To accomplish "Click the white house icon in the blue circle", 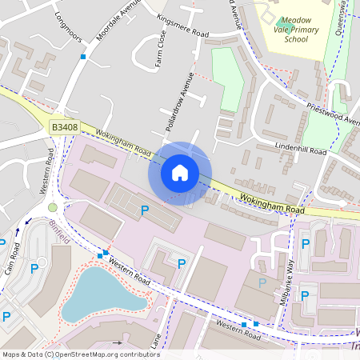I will click(x=180, y=172).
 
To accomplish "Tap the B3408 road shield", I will click(x=65, y=126).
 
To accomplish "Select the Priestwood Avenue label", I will click(x=330, y=117).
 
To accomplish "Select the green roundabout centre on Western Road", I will click(x=53, y=207).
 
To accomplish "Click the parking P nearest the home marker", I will click(x=145, y=210).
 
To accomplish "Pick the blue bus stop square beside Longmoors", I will click(x=82, y=57).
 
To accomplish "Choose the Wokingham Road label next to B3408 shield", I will click(x=123, y=142).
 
